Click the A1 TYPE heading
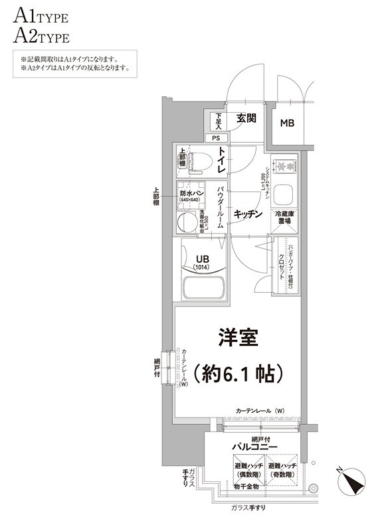40,15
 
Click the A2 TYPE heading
41,35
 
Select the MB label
287,123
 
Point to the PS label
216,138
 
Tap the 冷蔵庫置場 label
286,218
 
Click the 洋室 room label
238,337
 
